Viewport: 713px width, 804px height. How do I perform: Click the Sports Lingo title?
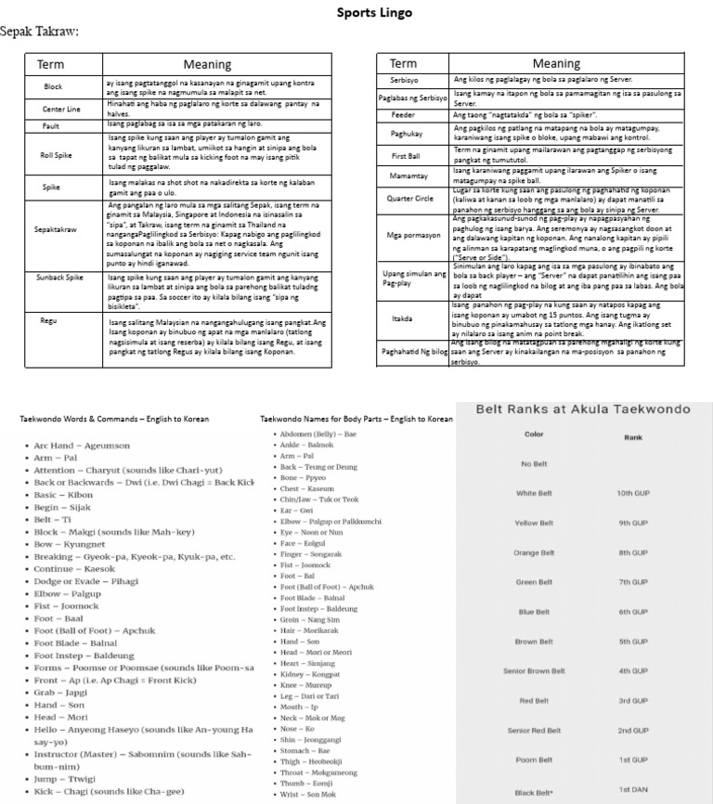pos(374,13)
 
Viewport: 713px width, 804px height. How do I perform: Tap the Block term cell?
pos(53,86)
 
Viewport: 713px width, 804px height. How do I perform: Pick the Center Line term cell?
pos(61,109)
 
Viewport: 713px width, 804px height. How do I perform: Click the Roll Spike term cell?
pos(56,155)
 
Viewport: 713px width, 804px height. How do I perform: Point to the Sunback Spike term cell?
pos(59,277)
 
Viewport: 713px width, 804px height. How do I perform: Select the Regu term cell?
pos(48,320)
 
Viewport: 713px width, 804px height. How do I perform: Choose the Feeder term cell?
pos(403,115)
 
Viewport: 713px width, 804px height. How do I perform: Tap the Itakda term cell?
pos(402,318)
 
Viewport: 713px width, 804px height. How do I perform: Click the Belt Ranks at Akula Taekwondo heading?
pos(583,408)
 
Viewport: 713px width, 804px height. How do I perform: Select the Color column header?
pos(534,434)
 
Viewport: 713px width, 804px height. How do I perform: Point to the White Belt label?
pos(534,493)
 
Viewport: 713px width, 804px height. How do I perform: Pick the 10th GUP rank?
pos(632,493)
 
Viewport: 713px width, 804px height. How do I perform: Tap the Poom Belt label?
pos(534,760)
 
